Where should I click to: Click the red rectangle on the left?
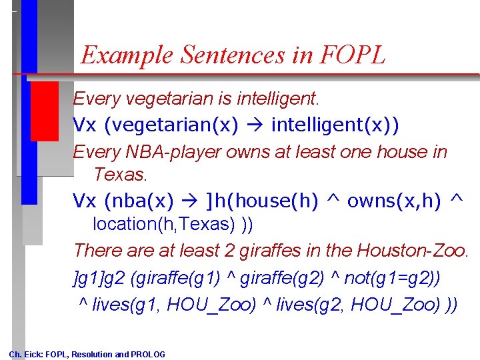tap(45, 111)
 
